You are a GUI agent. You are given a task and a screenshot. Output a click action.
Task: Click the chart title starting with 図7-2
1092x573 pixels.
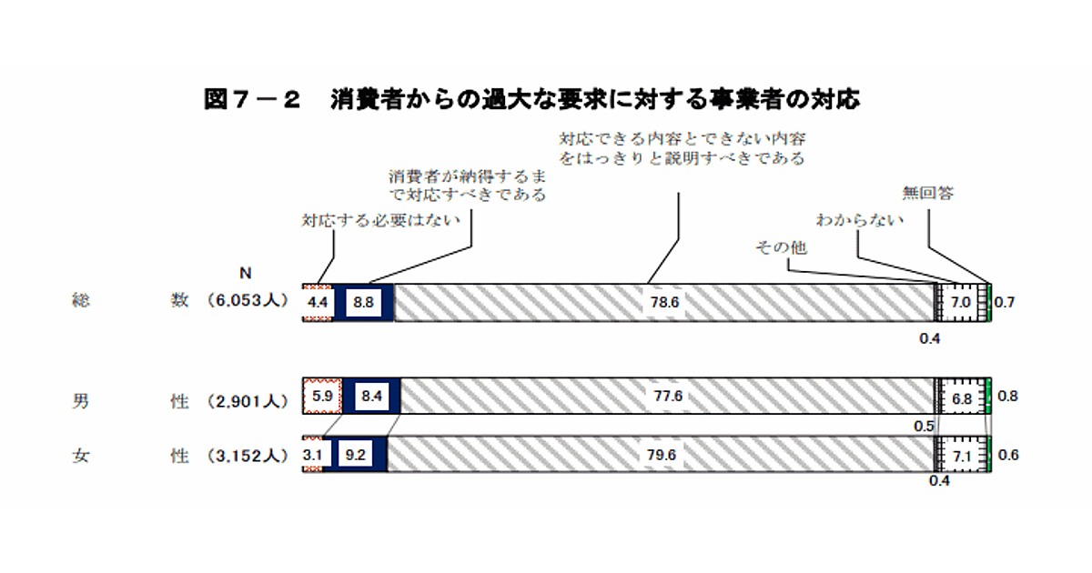pyautogui.click(x=531, y=99)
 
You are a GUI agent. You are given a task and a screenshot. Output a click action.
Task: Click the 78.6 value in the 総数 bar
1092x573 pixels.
pyautogui.click(x=666, y=302)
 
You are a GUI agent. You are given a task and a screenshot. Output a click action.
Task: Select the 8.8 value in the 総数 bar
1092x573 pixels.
pyautogui.click(x=362, y=302)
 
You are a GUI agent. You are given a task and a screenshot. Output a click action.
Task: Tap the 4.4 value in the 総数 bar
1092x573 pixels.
pyautogui.click(x=318, y=302)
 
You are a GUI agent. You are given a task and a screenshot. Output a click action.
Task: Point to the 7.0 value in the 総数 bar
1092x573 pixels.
pyautogui.click(x=961, y=302)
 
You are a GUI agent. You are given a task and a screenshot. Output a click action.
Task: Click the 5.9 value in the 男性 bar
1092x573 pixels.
pyautogui.click(x=322, y=397)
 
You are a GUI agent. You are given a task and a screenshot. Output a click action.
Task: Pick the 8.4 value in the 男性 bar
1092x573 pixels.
pyautogui.click(x=371, y=397)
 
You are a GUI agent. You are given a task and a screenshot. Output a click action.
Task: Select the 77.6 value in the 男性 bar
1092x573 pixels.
pyautogui.click(x=667, y=397)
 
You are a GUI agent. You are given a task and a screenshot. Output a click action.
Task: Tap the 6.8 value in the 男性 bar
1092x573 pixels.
pyautogui.click(x=961, y=397)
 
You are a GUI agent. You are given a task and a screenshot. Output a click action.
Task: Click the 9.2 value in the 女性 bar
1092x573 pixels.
pyautogui.click(x=356, y=455)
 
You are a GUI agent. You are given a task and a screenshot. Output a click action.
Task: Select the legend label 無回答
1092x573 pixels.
pyautogui.click(x=927, y=193)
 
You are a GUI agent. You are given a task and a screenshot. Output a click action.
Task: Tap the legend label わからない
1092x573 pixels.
pyautogui.click(x=859, y=219)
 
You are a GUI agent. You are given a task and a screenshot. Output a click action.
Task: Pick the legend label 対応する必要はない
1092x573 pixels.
pyautogui.click(x=381, y=219)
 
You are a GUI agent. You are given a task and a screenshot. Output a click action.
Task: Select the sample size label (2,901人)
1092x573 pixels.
pyautogui.click(x=247, y=401)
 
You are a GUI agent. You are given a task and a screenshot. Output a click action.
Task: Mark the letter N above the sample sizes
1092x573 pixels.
pyautogui.click(x=245, y=273)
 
